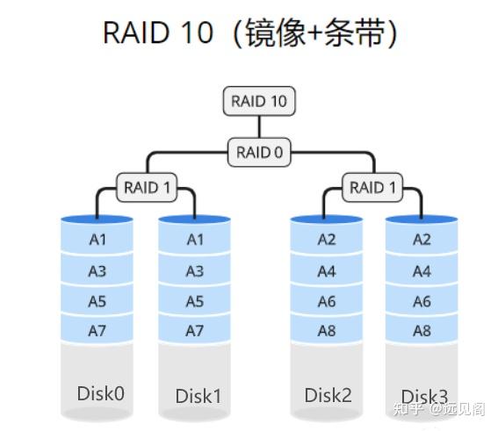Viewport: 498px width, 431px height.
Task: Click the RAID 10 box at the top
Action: pos(259,101)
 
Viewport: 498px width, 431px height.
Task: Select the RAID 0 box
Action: pos(259,152)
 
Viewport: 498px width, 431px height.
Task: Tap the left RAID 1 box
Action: pos(147,187)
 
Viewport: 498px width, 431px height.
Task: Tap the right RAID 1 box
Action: pos(372,187)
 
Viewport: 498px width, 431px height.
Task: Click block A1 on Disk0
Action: pos(97,240)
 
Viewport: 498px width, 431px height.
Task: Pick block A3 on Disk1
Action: pos(194,271)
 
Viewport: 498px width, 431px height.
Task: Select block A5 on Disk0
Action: pos(97,301)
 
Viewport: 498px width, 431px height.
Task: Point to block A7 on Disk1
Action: pos(194,331)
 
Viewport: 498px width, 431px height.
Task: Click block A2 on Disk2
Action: pos(327,240)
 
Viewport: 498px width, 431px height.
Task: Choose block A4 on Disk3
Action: pos(422,271)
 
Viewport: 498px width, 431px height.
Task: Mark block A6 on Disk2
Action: pos(327,301)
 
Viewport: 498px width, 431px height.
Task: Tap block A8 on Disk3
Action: pos(422,331)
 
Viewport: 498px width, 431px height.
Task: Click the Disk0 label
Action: pos(100,392)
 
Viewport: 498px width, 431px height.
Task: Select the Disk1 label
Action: pos(198,396)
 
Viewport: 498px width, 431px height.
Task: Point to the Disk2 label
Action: pos(328,395)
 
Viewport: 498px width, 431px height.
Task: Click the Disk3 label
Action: pos(425,396)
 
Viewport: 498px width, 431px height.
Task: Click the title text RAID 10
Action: pos(158,32)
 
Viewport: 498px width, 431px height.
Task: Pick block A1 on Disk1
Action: pos(194,240)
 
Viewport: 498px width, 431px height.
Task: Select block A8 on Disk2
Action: pos(327,331)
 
